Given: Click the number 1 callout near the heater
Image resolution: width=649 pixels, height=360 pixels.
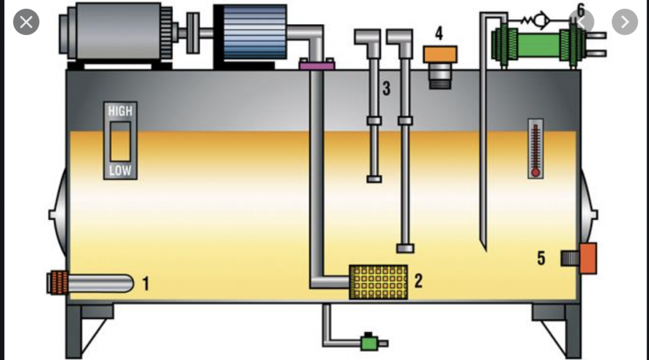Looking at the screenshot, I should click(146, 283).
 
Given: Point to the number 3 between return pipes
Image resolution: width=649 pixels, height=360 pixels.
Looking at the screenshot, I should click(386, 89).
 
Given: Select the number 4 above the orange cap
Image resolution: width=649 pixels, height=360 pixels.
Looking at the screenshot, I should click(439, 34).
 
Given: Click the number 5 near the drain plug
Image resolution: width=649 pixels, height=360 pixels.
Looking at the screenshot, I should click(541, 258).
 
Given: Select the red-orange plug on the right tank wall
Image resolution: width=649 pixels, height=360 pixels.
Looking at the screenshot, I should click(588, 258).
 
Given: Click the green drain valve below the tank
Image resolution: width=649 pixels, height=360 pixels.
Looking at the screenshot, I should click(368, 342).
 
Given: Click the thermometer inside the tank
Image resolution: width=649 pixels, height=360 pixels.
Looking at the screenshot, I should click(536, 150).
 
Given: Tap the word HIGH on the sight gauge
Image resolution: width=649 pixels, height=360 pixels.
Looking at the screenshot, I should click(120, 111).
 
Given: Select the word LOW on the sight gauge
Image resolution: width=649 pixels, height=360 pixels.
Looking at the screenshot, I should click(120, 170).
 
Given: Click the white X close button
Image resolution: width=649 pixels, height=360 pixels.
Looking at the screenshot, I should click(26, 22).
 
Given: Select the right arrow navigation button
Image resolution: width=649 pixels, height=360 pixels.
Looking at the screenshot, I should click(624, 22).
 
